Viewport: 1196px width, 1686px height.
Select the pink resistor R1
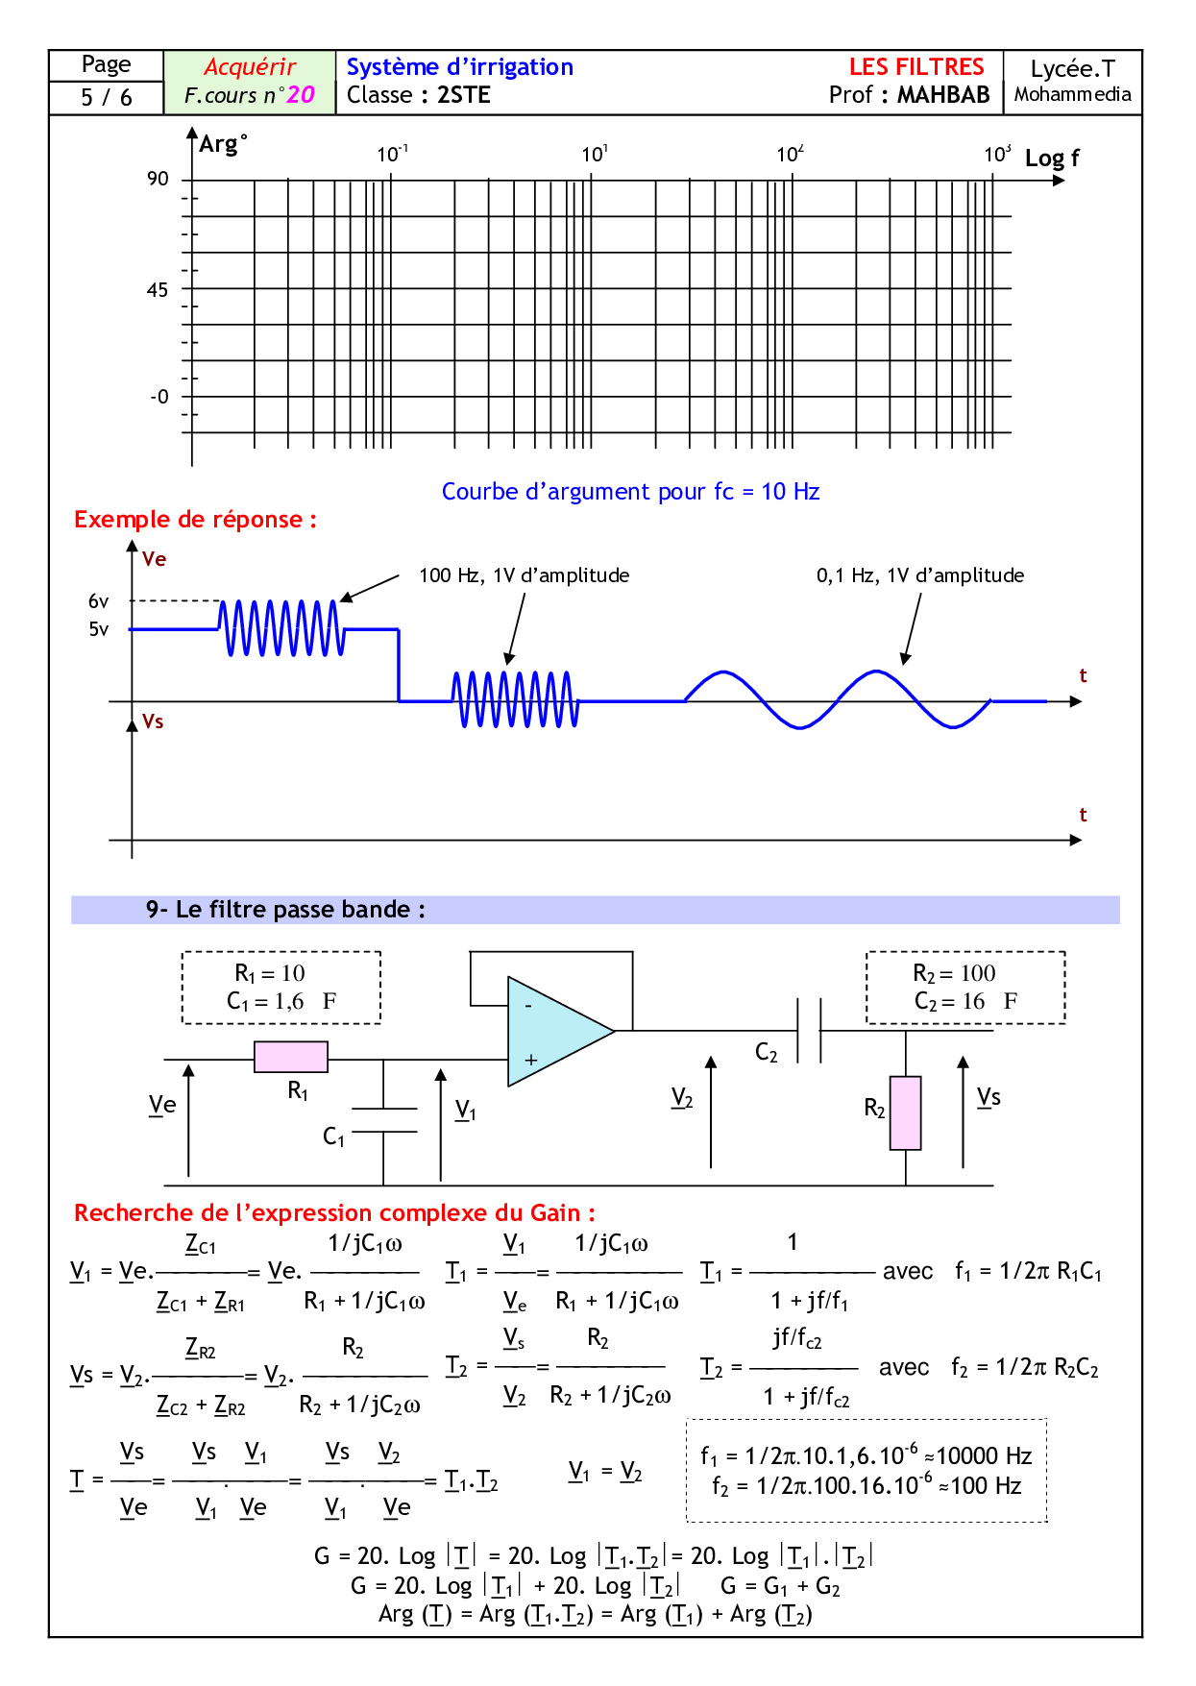(x=291, y=1057)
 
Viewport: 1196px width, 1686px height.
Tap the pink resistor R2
(x=905, y=1112)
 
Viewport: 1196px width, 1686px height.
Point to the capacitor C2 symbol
(x=809, y=1031)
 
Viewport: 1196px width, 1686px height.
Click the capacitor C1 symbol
(x=383, y=1120)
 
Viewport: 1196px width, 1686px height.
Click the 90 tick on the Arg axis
(x=159, y=180)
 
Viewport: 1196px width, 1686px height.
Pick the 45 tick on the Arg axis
(x=158, y=290)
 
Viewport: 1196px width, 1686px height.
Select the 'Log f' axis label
(x=1052, y=159)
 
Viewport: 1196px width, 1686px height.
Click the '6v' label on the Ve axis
(x=99, y=601)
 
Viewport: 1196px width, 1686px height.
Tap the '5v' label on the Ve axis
(x=99, y=629)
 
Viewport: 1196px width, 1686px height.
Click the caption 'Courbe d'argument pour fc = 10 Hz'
(x=630, y=492)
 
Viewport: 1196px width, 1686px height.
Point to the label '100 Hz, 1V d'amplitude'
(x=525, y=575)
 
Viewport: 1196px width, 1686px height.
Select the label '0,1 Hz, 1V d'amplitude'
(x=920, y=575)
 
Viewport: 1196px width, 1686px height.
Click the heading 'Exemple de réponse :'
(x=195, y=520)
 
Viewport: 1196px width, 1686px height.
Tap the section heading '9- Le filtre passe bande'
(x=285, y=910)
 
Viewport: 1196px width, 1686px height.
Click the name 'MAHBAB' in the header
(x=943, y=95)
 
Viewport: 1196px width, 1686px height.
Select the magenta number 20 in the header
(x=301, y=95)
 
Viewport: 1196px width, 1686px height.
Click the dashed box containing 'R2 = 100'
(x=965, y=988)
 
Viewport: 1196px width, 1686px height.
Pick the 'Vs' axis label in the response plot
(x=153, y=721)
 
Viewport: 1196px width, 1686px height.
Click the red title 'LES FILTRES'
(x=916, y=67)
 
